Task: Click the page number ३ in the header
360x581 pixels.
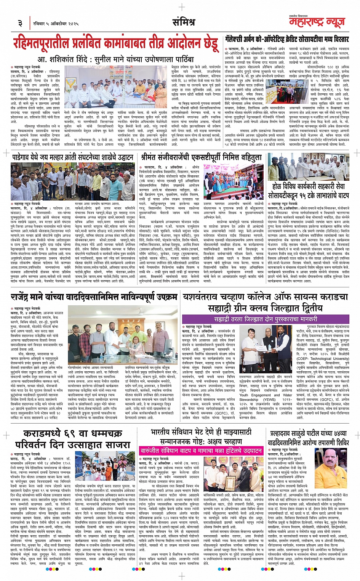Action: [20, 23]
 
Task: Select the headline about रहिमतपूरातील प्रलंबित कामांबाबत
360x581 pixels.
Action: [116, 43]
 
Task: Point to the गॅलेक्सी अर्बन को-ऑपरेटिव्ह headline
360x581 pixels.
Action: [286, 40]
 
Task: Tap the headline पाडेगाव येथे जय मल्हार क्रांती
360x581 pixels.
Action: [72, 157]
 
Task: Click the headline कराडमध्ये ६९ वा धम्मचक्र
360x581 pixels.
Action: [72, 439]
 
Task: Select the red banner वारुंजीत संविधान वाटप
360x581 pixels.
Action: [201, 451]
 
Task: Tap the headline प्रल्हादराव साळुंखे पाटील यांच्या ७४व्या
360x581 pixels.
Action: [308, 438]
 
